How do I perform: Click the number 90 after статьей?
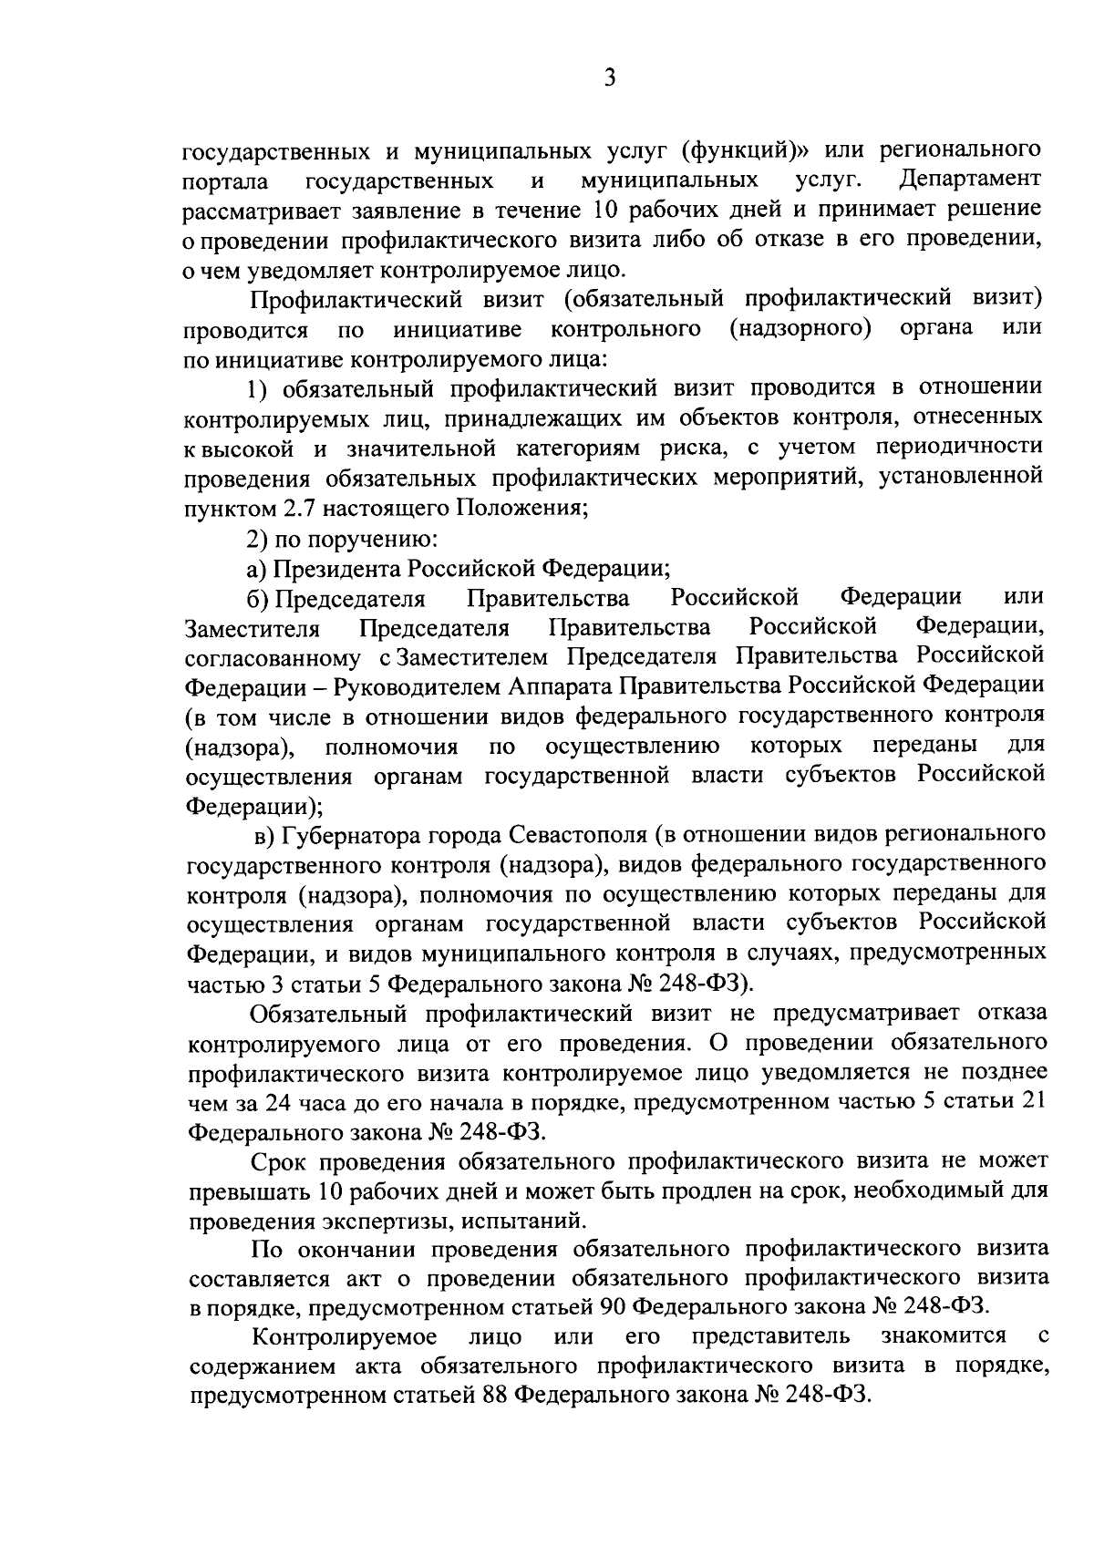tap(610, 1307)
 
